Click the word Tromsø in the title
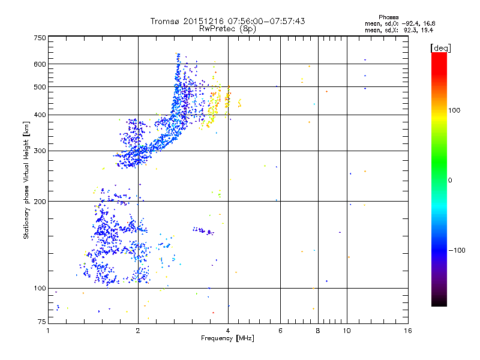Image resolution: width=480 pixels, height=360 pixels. pos(163,21)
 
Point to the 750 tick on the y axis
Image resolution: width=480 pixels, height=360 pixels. pos(40,38)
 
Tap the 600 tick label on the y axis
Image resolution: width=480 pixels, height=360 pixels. pos(40,64)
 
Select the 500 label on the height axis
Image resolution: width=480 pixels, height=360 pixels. pos(40,87)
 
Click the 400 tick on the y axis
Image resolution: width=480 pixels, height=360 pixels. pos(40,115)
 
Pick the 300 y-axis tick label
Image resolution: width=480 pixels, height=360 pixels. pos(40,151)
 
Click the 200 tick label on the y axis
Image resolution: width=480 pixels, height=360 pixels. pos(40,202)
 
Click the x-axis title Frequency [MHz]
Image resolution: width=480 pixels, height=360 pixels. pos(227,338)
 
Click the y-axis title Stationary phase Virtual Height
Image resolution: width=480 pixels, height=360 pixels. pos(26,181)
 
